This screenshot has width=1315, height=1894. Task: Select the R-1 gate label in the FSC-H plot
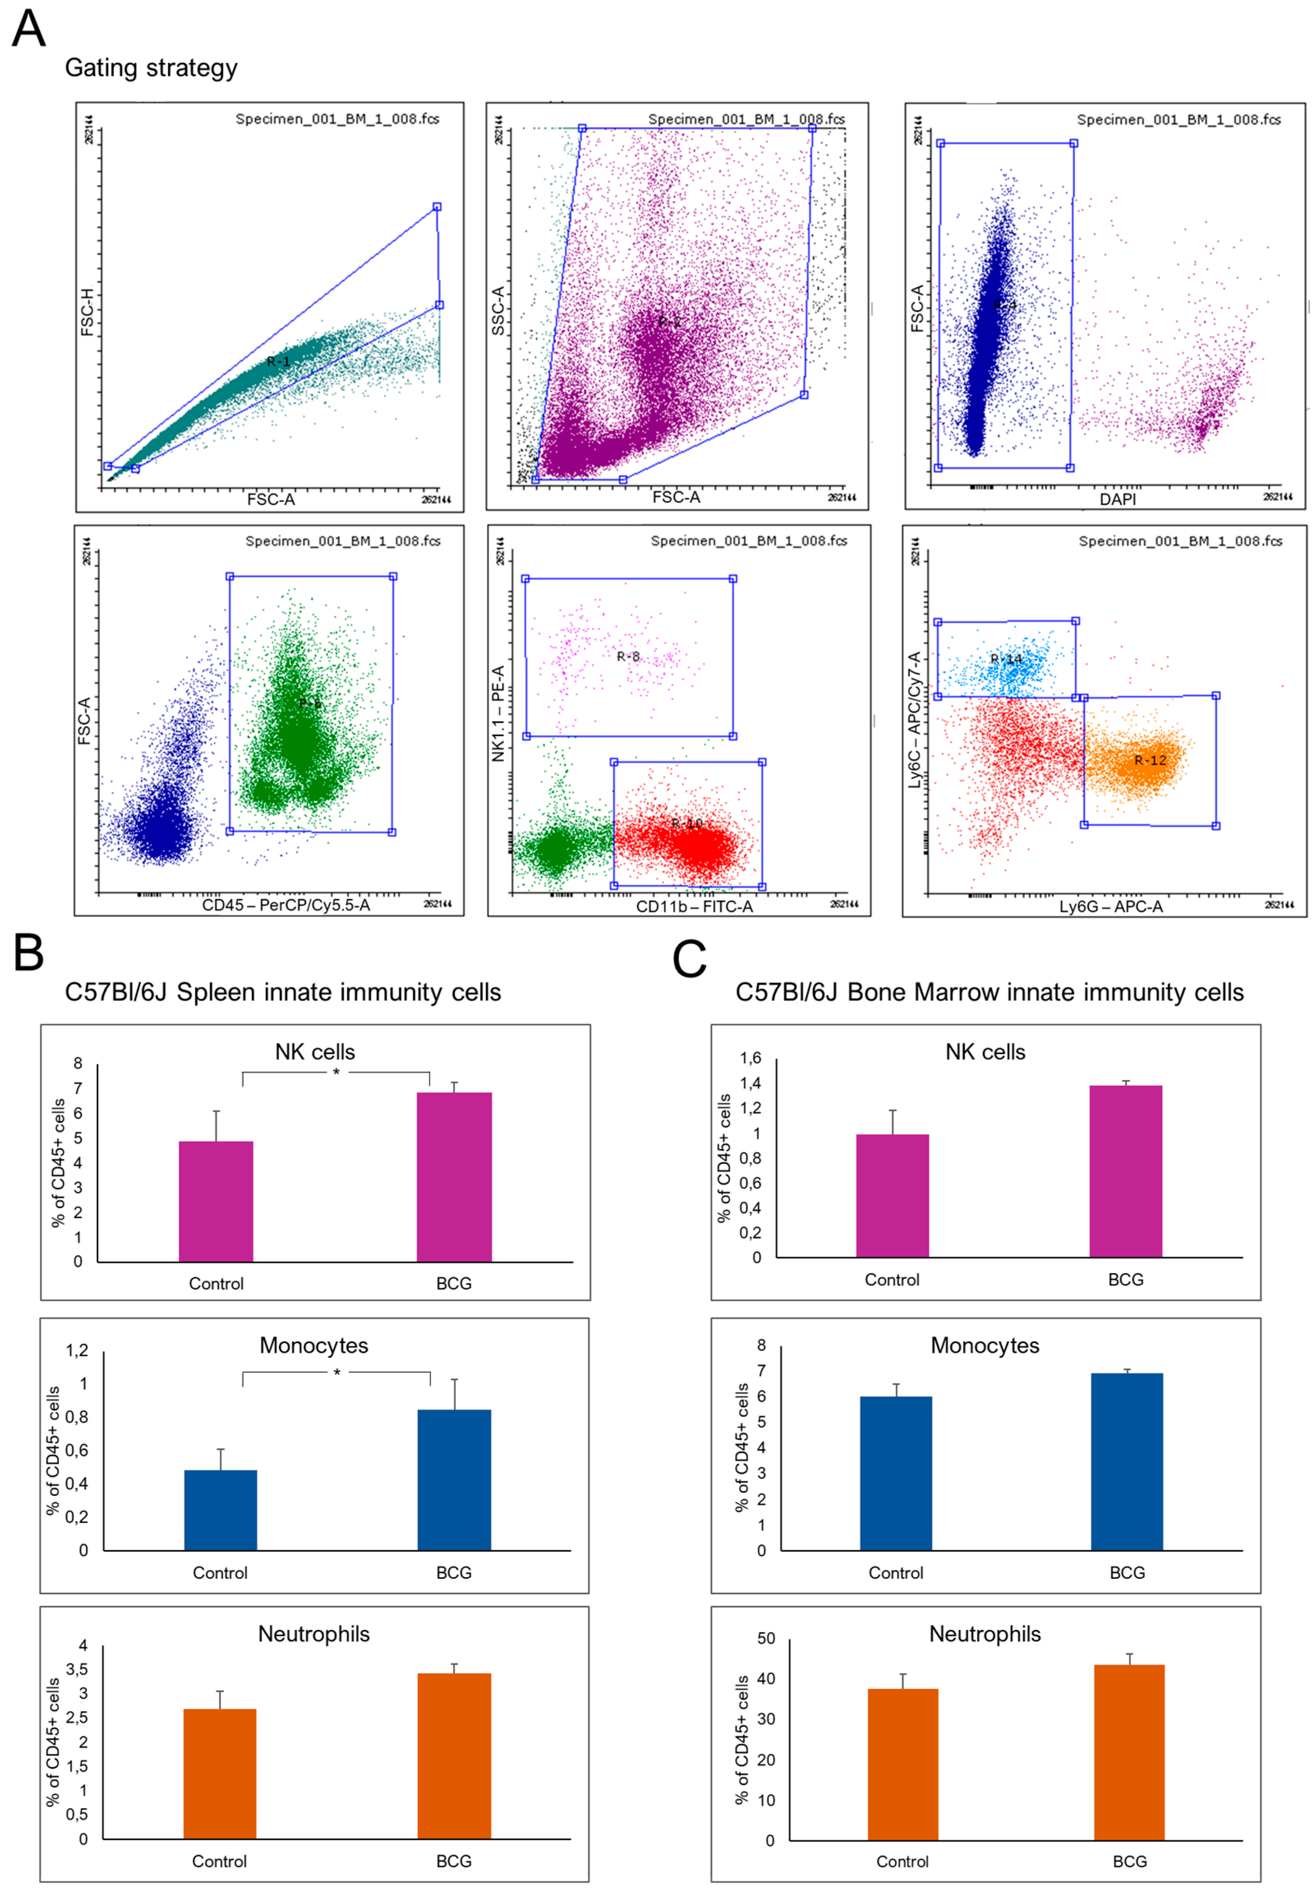[x=278, y=362]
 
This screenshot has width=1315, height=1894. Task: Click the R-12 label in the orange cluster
[x=1150, y=760]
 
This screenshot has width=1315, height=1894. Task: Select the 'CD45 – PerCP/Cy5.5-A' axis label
[x=286, y=905]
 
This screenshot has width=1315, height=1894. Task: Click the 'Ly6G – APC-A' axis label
[x=1110, y=907]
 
